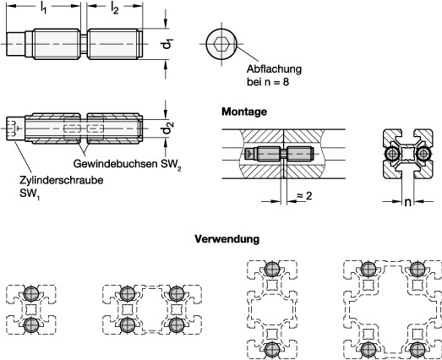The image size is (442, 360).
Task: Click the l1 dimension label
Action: [43, 8]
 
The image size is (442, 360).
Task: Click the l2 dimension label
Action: [114, 8]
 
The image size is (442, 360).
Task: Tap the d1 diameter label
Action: [167, 44]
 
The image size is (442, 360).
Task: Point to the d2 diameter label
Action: [166, 128]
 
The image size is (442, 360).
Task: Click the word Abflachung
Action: [275, 69]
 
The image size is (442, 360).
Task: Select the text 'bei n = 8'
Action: [268, 82]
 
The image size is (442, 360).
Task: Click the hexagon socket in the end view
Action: [221, 44]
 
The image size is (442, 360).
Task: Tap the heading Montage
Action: [244, 112]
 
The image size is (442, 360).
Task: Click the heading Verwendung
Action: [227, 239]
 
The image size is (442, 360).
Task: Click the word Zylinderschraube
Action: [62, 180]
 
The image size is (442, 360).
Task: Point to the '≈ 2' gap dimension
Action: [304, 196]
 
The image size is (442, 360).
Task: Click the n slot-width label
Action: [407, 202]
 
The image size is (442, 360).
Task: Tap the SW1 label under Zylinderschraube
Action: [30, 194]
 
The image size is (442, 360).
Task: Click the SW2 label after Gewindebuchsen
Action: [171, 164]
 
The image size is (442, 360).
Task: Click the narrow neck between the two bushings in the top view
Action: [84, 44]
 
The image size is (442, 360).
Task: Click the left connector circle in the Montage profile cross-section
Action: [392, 154]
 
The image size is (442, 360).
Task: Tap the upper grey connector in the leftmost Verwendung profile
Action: [31, 293]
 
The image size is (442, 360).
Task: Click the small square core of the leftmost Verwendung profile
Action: [31, 309]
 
